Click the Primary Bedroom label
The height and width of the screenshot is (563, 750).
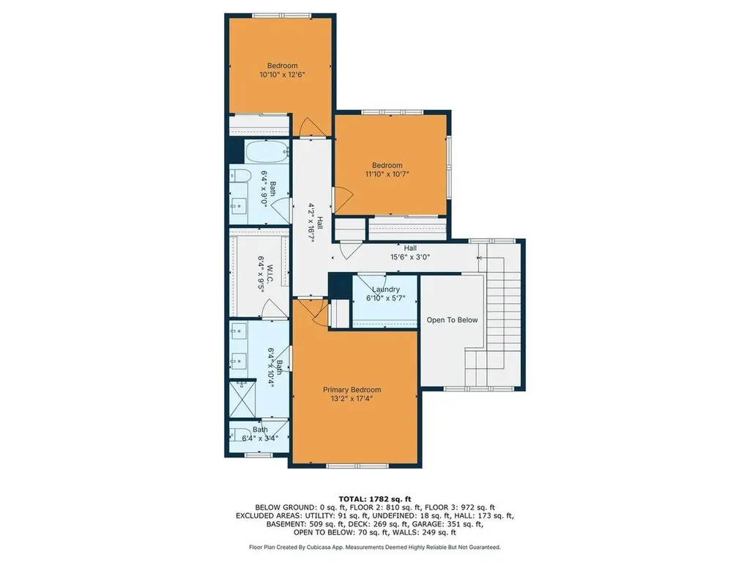tap(352, 389)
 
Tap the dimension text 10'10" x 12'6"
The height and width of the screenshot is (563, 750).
tap(282, 74)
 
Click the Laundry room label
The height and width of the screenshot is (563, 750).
tap(385, 290)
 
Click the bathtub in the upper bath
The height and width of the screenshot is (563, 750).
tap(267, 152)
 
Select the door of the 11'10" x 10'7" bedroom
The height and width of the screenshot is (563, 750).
tap(343, 199)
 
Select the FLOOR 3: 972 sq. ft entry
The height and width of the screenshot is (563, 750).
tap(461, 507)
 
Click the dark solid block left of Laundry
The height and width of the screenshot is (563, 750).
tap(338, 287)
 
